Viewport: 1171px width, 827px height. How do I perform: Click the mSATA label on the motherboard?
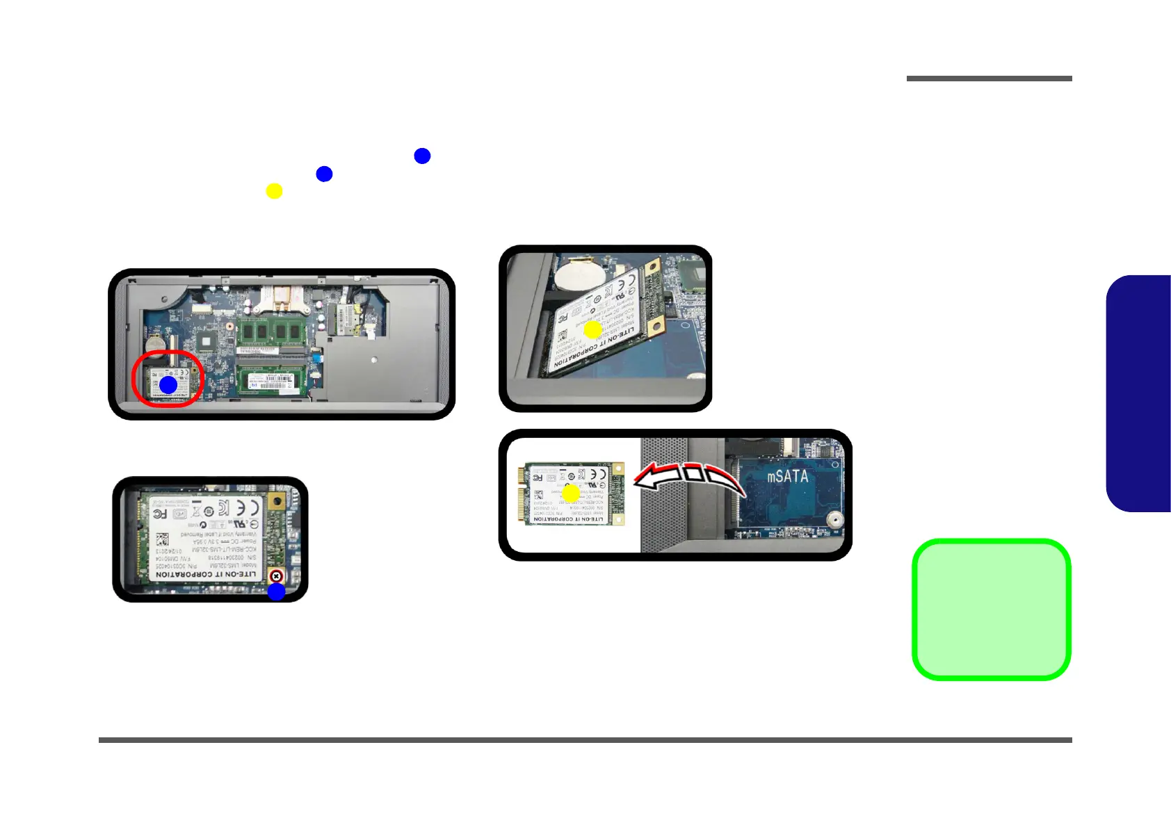click(787, 477)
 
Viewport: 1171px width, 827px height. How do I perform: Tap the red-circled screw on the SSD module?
click(276, 576)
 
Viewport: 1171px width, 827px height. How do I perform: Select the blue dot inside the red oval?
click(168, 385)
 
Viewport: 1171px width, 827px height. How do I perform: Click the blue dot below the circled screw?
click(276, 592)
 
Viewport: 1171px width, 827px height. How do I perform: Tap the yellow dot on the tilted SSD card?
click(592, 329)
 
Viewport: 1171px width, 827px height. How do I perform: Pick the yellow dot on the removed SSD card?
click(571, 494)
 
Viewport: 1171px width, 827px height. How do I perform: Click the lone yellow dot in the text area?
click(274, 191)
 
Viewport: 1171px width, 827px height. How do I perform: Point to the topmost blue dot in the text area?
click(422, 156)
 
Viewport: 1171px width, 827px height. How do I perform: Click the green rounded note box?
click(991, 609)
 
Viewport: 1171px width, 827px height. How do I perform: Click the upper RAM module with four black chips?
click(271, 332)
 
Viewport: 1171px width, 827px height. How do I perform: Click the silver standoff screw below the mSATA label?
click(834, 519)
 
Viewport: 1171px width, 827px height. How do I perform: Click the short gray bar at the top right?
click(989, 79)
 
